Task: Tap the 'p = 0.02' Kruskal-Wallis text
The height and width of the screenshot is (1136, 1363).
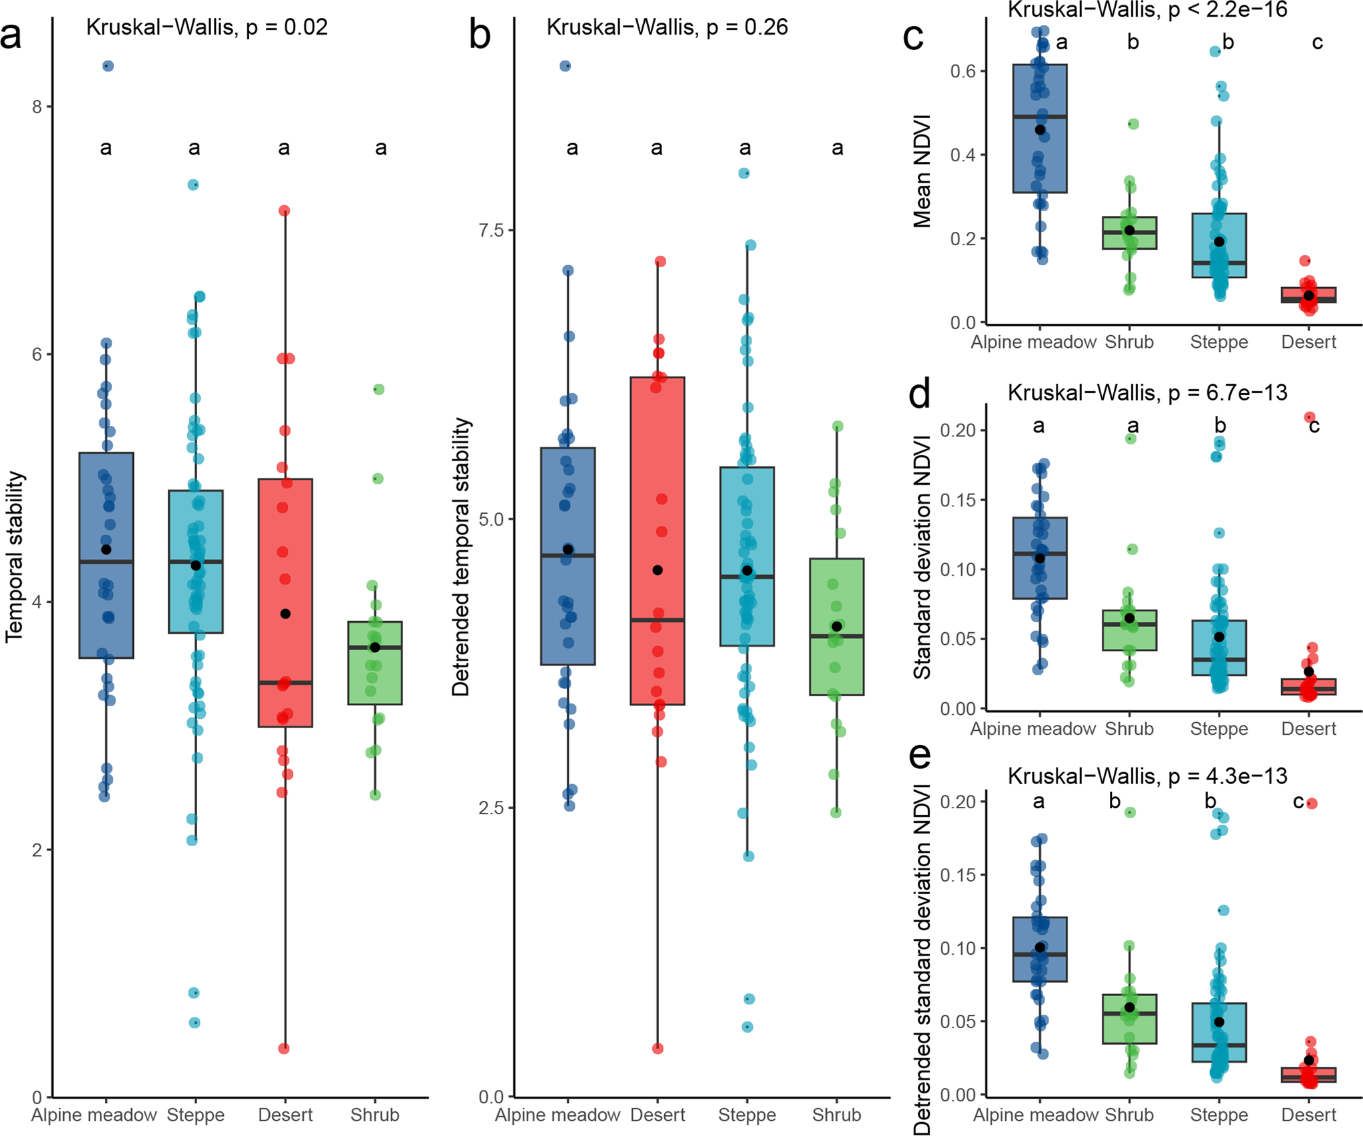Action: (286, 27)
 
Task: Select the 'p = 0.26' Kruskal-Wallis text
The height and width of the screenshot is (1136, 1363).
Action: (747, 27)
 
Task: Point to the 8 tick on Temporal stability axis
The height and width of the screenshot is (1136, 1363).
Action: (37, 107)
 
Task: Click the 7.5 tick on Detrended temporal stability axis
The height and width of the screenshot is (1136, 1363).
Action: (492, 231)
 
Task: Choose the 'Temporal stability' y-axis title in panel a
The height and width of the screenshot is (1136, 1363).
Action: (15, 556)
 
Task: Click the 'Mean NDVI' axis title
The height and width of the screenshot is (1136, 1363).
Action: (923, 172)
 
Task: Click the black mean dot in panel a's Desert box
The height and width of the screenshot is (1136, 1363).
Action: (285, 614)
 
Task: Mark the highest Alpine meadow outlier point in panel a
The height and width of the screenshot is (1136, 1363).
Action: (107, 66)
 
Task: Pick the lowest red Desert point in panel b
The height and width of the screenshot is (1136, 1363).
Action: (658, 1048)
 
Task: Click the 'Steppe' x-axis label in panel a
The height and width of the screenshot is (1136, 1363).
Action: (195, 1115)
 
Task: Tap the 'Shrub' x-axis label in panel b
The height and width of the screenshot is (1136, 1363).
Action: (836, 1115)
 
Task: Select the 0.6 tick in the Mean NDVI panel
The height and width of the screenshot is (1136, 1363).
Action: (963, 71)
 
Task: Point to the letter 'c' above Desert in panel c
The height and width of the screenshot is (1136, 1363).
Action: (1317, 43)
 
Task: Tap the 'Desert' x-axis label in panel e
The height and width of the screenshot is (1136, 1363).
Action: (1308, 1115)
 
